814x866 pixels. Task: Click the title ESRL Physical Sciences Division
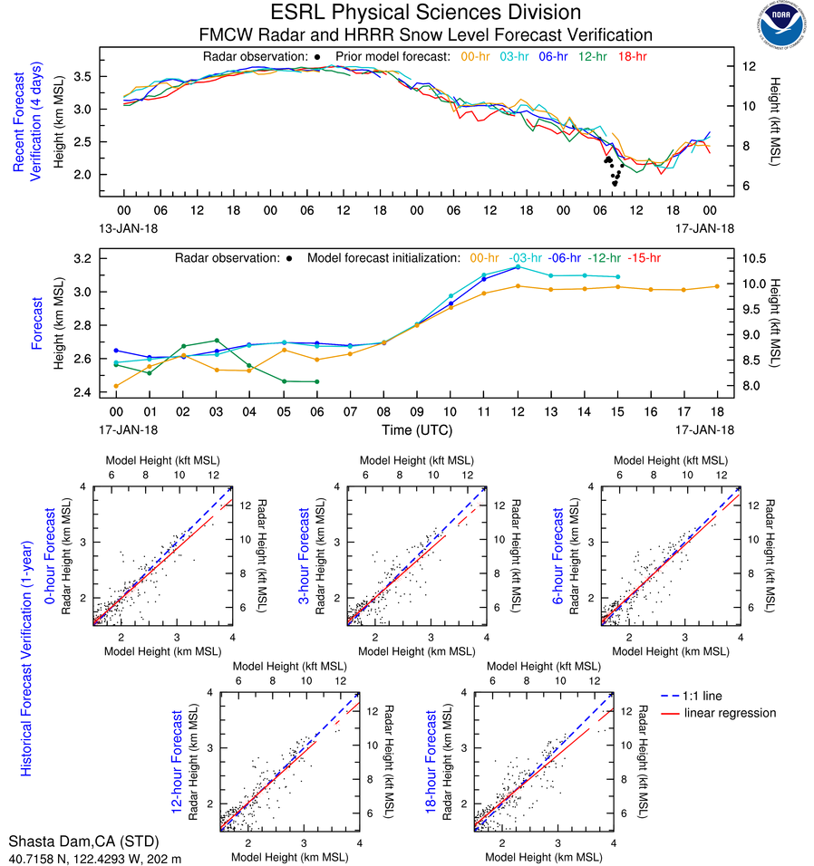click(426, 12)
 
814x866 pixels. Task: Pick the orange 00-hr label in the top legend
click(476, 56)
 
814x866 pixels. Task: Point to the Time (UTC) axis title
click(416, 428)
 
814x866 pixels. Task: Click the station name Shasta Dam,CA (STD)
click(80, 840)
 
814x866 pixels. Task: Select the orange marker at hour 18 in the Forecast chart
click(716, 286)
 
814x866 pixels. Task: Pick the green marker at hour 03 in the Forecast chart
click(216, 340)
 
